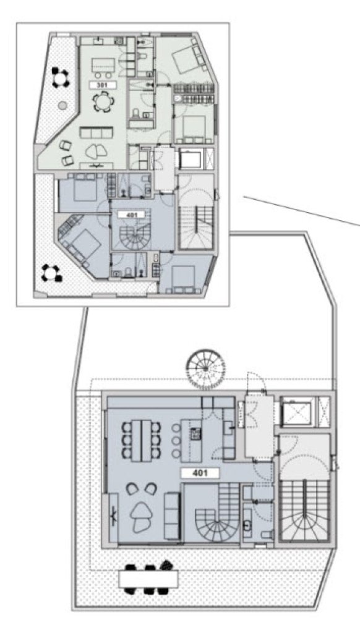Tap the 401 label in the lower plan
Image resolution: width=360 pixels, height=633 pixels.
coord(200,473)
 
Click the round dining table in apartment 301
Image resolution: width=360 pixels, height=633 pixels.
coord(103,102)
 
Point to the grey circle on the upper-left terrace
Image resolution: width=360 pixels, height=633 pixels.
coord(62,105)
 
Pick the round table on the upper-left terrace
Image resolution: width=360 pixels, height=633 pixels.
coord(61,77)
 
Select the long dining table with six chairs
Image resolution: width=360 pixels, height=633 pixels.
coord(141,440)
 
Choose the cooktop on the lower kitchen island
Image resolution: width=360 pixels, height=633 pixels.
coord(196,433)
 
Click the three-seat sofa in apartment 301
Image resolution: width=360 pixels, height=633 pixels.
coord(96,132)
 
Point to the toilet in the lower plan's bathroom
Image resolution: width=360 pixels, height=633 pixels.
coord(267,534)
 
